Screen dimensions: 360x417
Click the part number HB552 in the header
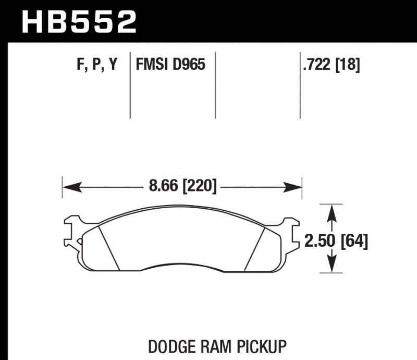point(78,22)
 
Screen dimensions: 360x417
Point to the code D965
point(190,65)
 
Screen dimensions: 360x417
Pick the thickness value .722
point(317,65)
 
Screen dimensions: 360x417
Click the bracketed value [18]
point(348,65)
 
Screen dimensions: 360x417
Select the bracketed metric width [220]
point(199,186)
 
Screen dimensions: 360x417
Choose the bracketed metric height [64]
point(354,241)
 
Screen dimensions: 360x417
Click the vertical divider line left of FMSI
point(130,86)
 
